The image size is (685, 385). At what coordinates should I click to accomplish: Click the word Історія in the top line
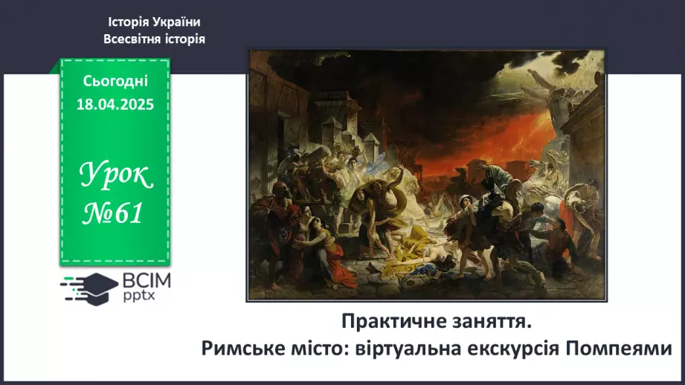tap(129, 22)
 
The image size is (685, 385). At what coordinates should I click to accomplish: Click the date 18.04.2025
tap(115, 105)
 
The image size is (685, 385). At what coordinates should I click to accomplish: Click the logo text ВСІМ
tap(147, 280)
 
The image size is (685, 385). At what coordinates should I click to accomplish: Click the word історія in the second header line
tap(181, 39)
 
